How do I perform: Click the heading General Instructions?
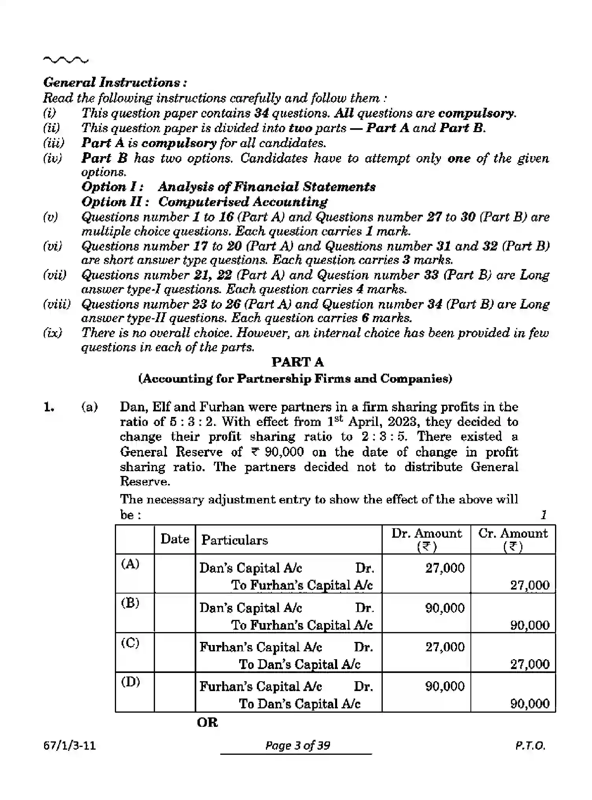click(x=115, y=83)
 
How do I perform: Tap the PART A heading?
click(x=297, y=362)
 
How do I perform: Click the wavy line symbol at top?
click(x=66, y=61)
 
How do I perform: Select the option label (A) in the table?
click(x=130, y=564)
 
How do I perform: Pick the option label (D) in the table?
click(x=130, y=682)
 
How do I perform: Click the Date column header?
click(x=175, y=539)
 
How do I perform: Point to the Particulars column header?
click(x=234, y=540)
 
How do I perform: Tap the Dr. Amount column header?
click(x=426, y=539)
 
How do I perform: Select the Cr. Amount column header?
click(x=513, y=539)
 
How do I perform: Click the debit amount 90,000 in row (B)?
click(x=445, y=608)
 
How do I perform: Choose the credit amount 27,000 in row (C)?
click(x=530, y=664)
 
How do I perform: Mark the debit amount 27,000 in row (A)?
click(x=445, y=568)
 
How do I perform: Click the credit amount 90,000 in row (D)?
click(x=530, y=704)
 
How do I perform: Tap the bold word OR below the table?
click(x=207, y=723)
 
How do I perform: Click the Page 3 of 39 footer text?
click(x=297, y=746)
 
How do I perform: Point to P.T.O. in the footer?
click(x=530, y=746)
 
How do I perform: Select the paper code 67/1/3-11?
click(x=70, y=746)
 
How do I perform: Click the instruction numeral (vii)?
click(x=54, y=275)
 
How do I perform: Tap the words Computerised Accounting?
click(x=243, y=202)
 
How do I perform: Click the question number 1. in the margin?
click(x=49, y=407)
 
